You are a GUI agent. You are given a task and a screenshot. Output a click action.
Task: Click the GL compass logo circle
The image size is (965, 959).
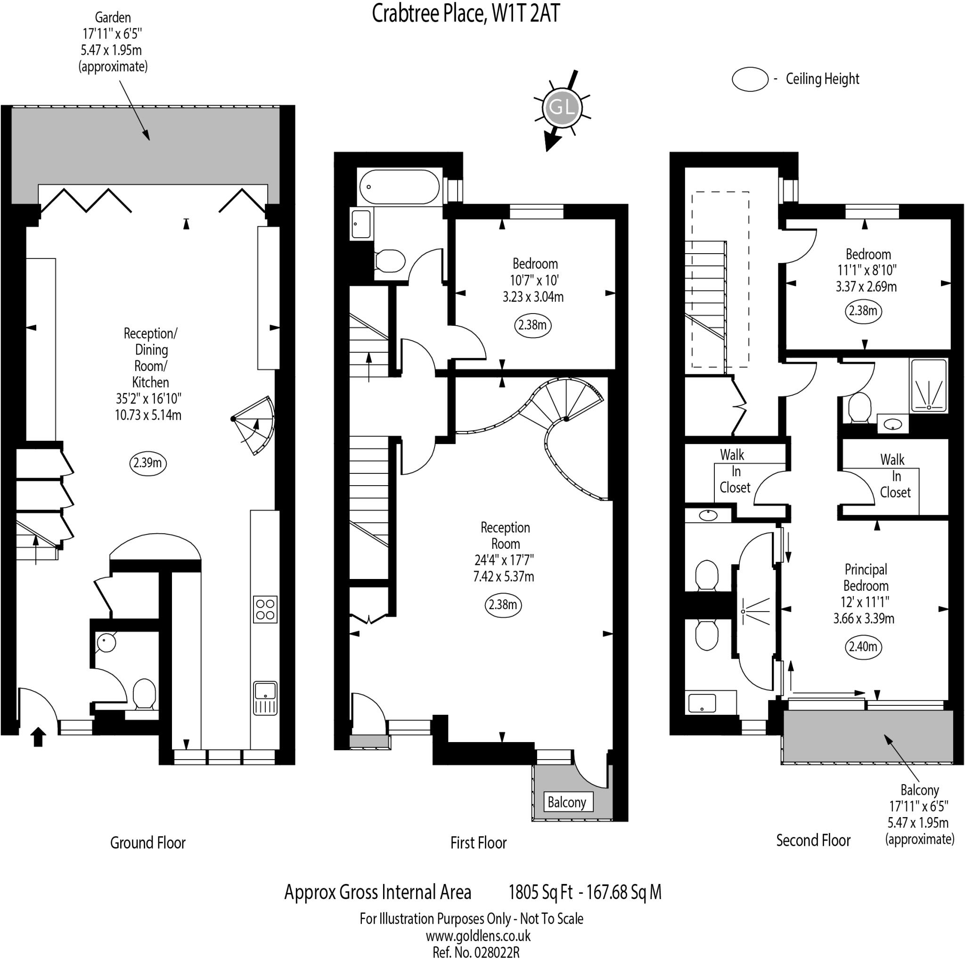pyautogui.click(x=562, y=108)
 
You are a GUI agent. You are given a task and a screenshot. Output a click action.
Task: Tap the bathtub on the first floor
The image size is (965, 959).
pyautogui.click(x=399, y=187)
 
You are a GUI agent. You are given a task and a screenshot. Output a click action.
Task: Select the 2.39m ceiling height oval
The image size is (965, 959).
pyautogui.click(x=147, y=463)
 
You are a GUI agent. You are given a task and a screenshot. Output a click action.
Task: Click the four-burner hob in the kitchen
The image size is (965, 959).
pyautogui.click(x=265, y=610)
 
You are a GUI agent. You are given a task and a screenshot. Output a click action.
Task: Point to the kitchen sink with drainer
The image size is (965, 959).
pyautogui.click(x=265, y=698)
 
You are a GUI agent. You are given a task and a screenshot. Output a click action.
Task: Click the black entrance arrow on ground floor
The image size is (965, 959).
pyautogui.click(x=39, y=737)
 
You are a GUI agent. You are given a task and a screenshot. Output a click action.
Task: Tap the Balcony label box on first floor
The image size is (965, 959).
pyautogui.click(x=567, y=802)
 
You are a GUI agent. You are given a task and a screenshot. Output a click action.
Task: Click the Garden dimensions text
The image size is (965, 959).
pyautogui.click(x=113, y=34)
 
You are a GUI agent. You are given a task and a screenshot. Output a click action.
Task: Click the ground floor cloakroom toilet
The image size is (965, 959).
pyautogui.click(x=144, y=694)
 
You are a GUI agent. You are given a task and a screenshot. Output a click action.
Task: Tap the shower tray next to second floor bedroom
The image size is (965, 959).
pyautogui.click(x=929, y=386)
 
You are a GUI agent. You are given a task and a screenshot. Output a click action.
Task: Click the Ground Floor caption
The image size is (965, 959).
pyautogui.click(x=148, y=843)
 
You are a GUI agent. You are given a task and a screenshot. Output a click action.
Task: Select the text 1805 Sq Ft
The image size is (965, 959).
pyautogui.click(x=540, y=892)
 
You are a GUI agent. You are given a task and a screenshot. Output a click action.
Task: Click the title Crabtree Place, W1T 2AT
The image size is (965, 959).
pyautogui.click(x=466, y=14)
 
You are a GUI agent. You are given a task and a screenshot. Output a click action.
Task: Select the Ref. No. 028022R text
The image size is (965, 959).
pyautogui.click(x=475, y=952)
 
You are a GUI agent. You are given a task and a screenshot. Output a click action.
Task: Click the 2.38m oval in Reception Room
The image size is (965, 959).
pyautogui.click(x=503, y=605)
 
